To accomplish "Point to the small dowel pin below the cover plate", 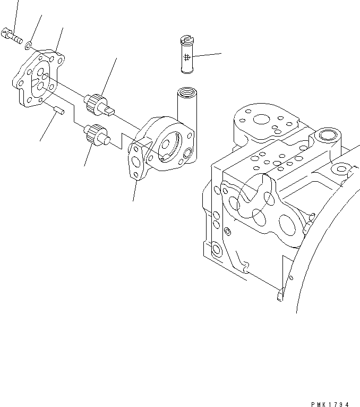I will (x=59, y=111).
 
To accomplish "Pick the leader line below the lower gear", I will (x=89, y=155).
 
